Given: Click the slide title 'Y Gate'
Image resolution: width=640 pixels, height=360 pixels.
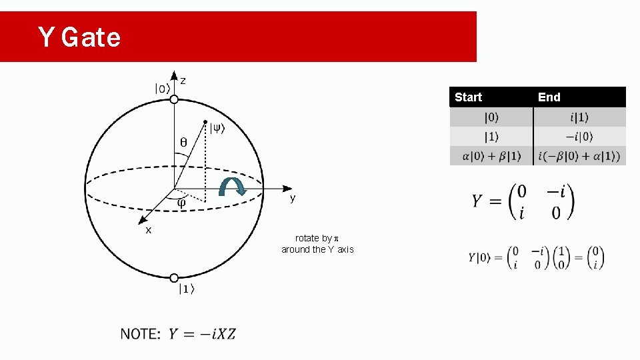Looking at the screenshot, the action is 79,37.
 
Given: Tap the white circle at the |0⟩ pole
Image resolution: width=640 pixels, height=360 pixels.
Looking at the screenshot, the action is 174,99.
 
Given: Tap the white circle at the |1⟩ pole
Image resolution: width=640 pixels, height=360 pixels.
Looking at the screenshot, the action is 174,278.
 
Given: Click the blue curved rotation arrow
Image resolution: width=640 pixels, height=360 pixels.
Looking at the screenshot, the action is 233,187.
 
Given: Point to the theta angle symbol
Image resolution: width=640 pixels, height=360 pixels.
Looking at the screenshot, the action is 184,142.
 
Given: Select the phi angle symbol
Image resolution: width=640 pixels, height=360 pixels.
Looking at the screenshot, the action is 181,203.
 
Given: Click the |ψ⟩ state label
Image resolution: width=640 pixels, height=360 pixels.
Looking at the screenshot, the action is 217,129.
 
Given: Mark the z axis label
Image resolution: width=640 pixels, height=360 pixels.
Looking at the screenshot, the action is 183,81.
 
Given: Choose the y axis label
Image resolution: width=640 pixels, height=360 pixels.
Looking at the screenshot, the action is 292,199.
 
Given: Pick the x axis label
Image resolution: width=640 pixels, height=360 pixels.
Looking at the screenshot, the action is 149,230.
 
